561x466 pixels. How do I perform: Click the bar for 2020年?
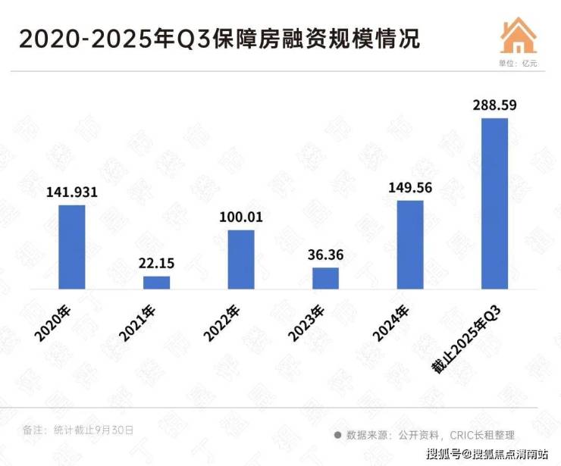(x=72, y=247)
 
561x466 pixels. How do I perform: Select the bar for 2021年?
(x=157, y=282)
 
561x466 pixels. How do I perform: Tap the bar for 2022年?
(x=241, y=259)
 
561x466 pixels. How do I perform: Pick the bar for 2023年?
(x=325, y=278)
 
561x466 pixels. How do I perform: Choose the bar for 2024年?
(x=410, y=245)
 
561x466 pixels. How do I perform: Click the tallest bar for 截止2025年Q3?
(x=494, y=203)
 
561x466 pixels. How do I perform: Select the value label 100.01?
(x=241, y=217)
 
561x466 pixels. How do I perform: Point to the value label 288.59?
(x=494, y=105)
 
